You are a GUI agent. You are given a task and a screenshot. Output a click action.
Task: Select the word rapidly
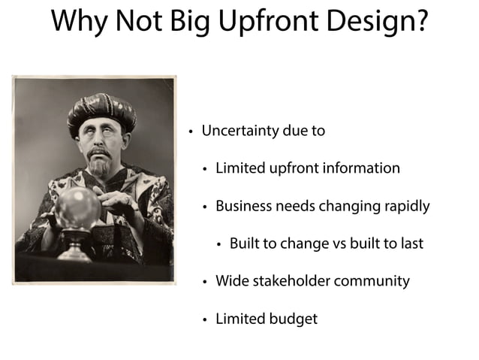point(404,206)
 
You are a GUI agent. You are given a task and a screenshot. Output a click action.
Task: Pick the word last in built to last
point(411,244)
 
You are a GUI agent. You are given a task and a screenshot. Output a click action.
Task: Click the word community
point(372,281)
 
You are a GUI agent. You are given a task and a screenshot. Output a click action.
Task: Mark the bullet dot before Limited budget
point(204,319)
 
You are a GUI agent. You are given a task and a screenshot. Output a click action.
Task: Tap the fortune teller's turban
point(101,111)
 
